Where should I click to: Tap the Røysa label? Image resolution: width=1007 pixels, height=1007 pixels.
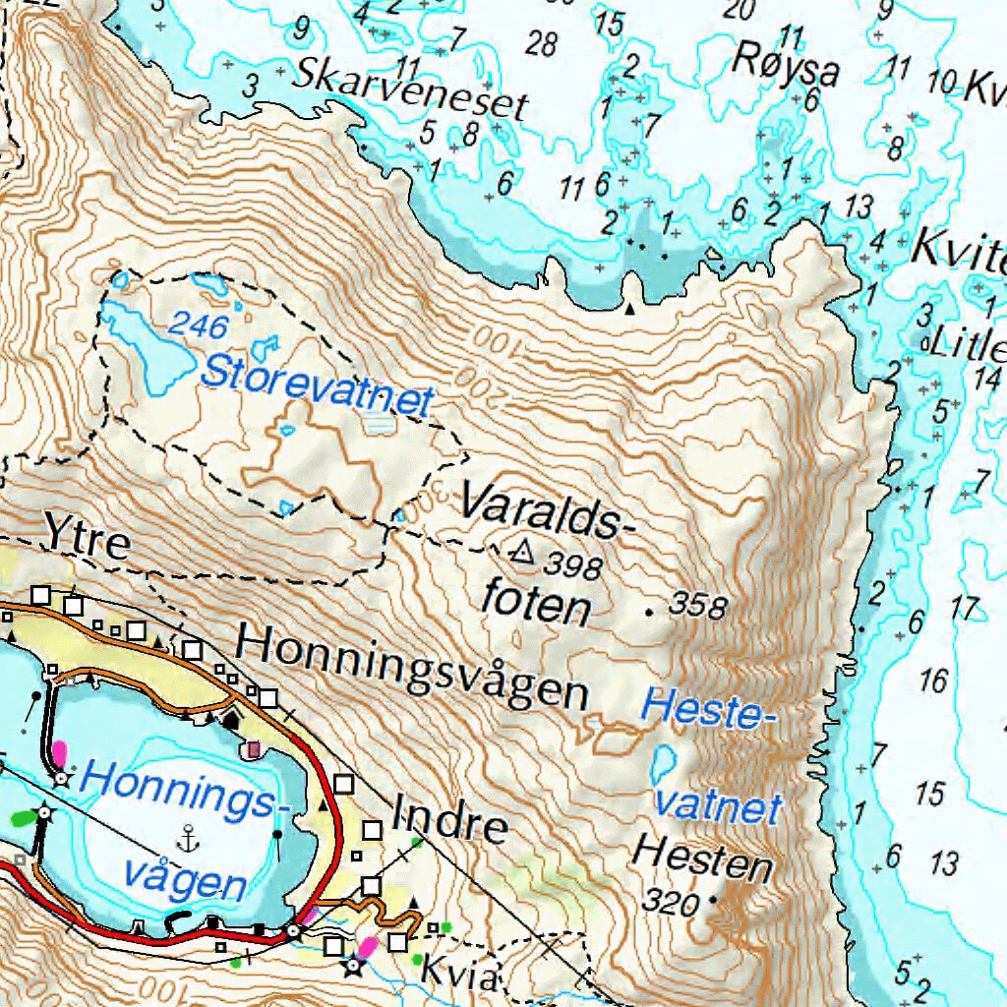click(x=785, y=66)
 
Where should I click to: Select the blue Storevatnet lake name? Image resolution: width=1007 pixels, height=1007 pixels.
click(x=317, y=386)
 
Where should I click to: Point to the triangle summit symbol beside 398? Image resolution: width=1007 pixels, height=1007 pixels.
click(x=522, y=553)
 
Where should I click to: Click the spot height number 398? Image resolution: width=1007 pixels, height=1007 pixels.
click(x=573, y=564)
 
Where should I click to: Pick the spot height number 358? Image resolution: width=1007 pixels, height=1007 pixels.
click(x=697, y=605)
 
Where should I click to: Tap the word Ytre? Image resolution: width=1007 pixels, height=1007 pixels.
click(x=87, y=541)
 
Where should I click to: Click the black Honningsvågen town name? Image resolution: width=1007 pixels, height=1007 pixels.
click(x=413, y=669)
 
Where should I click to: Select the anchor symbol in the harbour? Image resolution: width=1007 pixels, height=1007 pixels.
click(x=187, y=838)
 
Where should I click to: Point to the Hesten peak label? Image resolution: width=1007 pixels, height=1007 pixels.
click(x=701, y=858)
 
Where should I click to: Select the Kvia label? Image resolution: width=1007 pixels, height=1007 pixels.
click(x=461, y=976)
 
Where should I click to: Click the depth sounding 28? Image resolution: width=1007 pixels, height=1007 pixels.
click(x=541, y=43)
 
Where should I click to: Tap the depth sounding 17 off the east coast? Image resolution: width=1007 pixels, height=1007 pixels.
click(x=968, y=609)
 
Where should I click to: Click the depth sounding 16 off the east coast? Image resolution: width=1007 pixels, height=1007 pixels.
click(x=933, y=680)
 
